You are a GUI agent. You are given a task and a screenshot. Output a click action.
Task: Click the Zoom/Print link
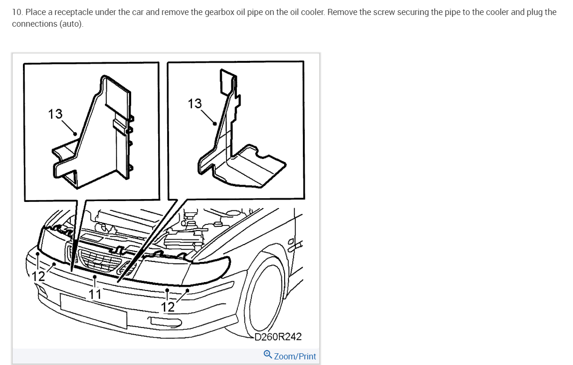click(x=295, y=357)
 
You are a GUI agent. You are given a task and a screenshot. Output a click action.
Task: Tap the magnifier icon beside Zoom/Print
click(x=268, y=355)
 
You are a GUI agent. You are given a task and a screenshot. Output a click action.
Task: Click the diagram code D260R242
click(x=278, y=336)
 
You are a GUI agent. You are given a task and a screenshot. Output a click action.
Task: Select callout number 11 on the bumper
click(x=95, y=294)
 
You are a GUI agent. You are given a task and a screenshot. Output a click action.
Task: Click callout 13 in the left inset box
click(x=55, y=114)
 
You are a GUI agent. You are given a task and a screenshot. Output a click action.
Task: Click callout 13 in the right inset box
click(x=195, y=104)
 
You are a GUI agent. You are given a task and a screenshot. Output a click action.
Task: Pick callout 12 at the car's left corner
click(x=38, y=276)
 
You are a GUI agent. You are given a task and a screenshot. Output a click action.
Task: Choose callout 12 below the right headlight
click(x=168, y=307)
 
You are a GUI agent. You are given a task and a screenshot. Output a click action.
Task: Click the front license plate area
click(x=93, y=311)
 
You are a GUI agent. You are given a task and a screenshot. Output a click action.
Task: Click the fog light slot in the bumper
click(x=164, y=321)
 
